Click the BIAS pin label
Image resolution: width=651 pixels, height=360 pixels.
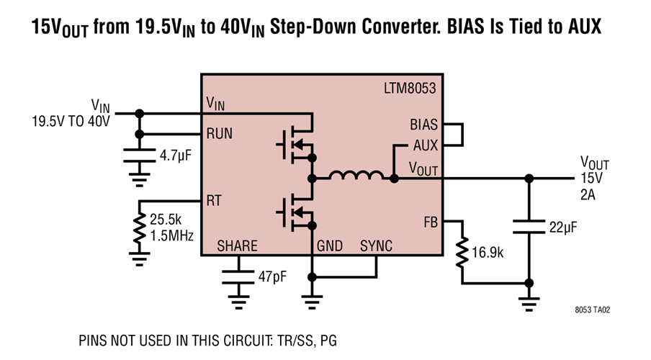click(x=423, y=124)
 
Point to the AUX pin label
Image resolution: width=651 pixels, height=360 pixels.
click(x=426, y=145)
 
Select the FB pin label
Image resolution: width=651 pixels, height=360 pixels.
click(x=431, y=222)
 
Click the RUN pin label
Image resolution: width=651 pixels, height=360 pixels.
click(x=220, y=134)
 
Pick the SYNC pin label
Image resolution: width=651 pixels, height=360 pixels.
click(x=376, y=246)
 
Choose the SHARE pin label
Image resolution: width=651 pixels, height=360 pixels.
click(x=237, y=246)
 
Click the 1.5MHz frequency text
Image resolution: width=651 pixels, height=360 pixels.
click(x=172, y=234)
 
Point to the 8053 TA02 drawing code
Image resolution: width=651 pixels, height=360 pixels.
click(x=593, y=310)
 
